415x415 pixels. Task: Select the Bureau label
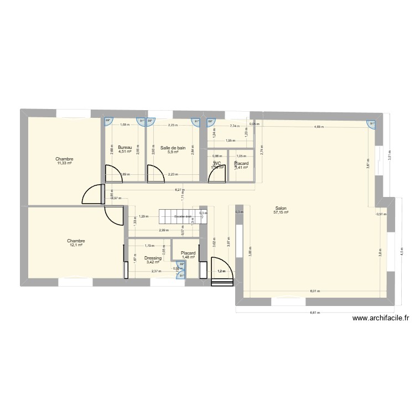(x=125, y=148)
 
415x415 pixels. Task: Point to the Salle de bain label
(x=173, y=148)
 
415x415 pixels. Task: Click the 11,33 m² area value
(x=65, y=163)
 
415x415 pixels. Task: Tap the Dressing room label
(x=153, y=258)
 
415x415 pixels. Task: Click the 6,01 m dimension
(x=315, y=291)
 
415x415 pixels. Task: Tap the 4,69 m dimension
(x=319, y=127)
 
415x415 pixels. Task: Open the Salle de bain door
(x=156, y=174)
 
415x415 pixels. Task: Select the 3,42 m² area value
(x=153, y=262)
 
